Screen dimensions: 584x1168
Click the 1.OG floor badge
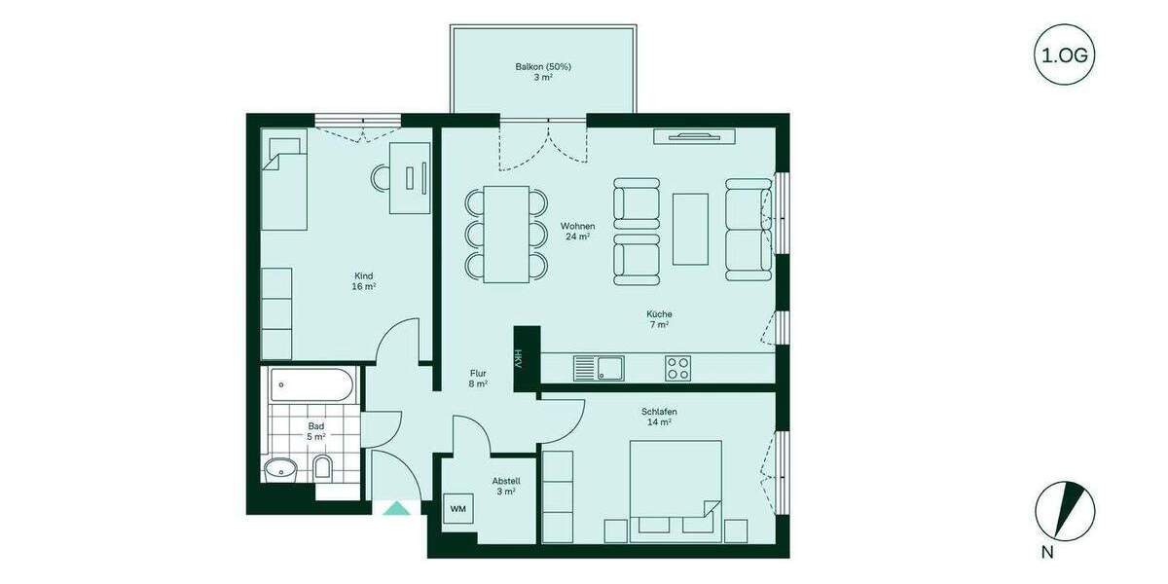(x=1064, y=55)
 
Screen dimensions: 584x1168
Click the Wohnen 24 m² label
(x=577, y=231)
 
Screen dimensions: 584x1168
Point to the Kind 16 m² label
(x=364, y=280)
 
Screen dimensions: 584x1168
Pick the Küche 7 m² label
(x=659, y=319)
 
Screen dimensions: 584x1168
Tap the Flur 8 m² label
(x=478, y=378)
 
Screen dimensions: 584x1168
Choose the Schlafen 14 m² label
(x=659, y=417)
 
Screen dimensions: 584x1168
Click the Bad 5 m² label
(x=316, y=432)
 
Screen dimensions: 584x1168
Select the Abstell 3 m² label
(x=505, y=486)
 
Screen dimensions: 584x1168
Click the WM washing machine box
(x=456, y=508)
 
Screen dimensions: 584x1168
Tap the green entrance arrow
(x=396, y=507)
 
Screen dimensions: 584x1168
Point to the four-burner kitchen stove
(x=677, y=368)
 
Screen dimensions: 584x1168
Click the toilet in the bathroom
(x=323, y=468)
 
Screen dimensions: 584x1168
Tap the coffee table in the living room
(x=690, y=229)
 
